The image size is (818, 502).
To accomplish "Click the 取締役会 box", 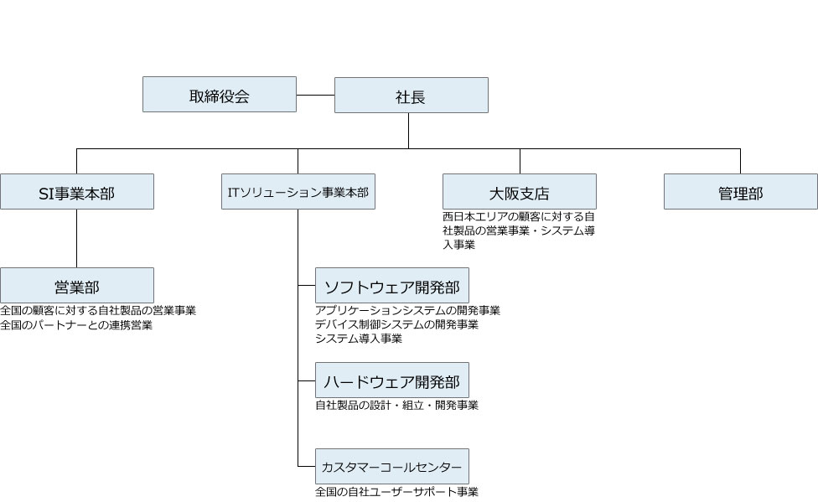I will point(219,95).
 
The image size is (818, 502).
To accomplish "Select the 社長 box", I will point(411,95).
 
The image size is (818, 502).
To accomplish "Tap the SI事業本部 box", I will point(77,191).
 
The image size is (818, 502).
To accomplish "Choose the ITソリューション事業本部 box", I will point(298,191).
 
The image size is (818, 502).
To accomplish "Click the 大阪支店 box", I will point(519,191).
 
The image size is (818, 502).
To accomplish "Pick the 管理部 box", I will point(740,191).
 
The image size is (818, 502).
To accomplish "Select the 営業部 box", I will point(77,285).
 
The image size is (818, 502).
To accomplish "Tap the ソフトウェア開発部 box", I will point(391,285).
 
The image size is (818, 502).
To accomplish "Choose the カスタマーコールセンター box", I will point(391,465).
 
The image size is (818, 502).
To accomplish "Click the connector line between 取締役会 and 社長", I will point(315,95).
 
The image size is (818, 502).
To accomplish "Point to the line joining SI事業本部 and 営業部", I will point(77,238).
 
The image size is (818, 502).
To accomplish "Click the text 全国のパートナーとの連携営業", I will point(77,325).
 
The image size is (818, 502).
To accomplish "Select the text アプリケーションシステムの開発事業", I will point(407,311).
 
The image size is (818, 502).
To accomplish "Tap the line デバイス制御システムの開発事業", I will point(396,324).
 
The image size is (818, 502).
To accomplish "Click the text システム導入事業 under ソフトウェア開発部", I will point(359,339).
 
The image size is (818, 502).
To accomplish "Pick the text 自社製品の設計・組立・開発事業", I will point(396,406).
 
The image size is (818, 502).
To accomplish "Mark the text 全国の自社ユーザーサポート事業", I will point(396,492).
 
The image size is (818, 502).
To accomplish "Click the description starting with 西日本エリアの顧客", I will point(519,230).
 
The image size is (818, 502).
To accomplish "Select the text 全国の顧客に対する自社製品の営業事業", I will point(98,311).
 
